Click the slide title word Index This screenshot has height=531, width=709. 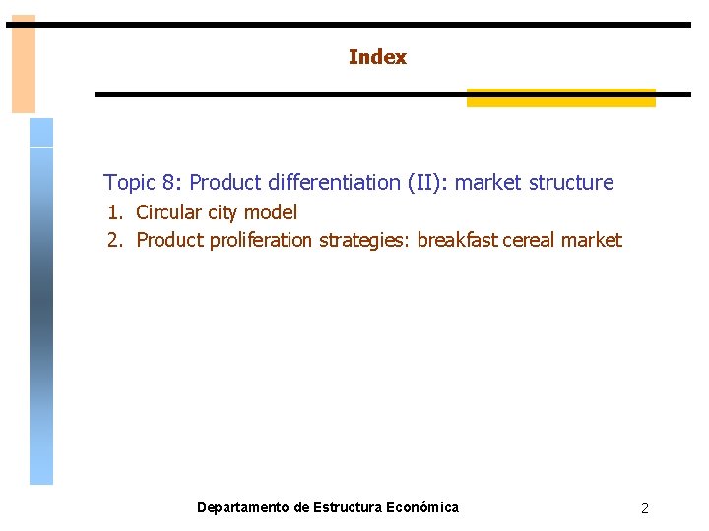377,57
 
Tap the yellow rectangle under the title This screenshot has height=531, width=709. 560,98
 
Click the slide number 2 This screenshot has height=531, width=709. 644,508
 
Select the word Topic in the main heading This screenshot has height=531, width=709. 129,183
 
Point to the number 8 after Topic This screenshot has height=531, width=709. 170,183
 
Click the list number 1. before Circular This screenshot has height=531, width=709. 116,212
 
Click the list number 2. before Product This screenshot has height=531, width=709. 116,241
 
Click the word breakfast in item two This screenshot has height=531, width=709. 457,241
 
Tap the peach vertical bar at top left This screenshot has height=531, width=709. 23,64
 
